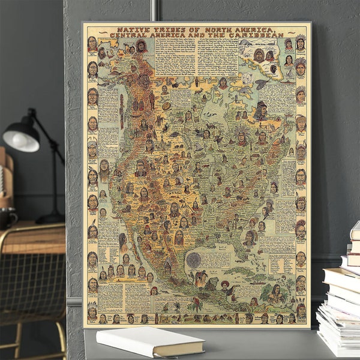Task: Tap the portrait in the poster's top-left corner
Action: (92, 43)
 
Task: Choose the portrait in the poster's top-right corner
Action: (300, 43)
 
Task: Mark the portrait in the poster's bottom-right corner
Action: (300, 312)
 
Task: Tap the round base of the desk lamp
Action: (50, 218)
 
